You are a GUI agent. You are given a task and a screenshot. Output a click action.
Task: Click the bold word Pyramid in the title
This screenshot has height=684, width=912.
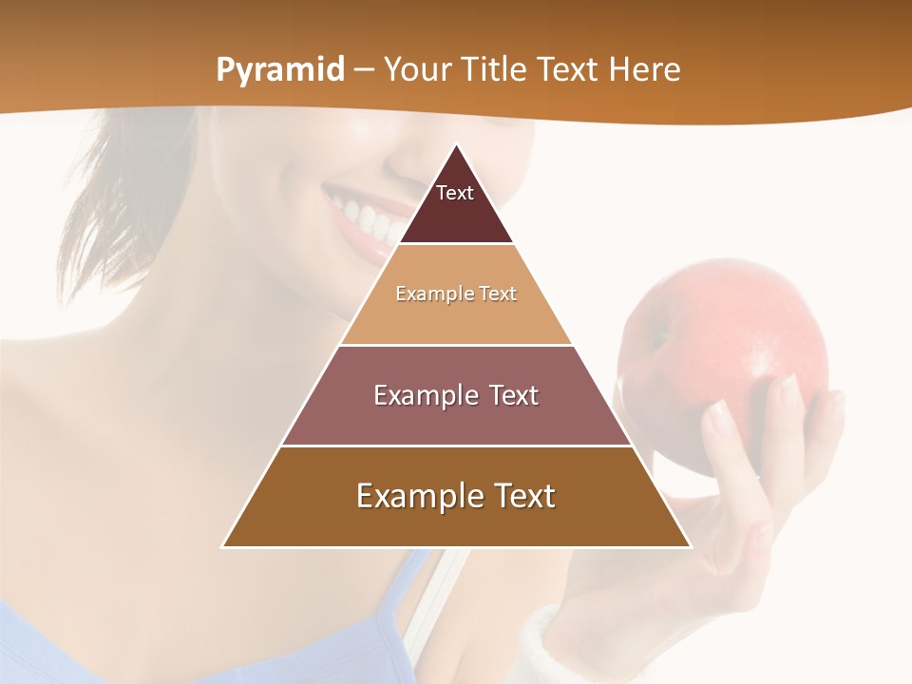[x=280, y=69]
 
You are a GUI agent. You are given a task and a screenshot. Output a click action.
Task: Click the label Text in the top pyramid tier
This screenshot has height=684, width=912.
[x=455, y=193]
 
